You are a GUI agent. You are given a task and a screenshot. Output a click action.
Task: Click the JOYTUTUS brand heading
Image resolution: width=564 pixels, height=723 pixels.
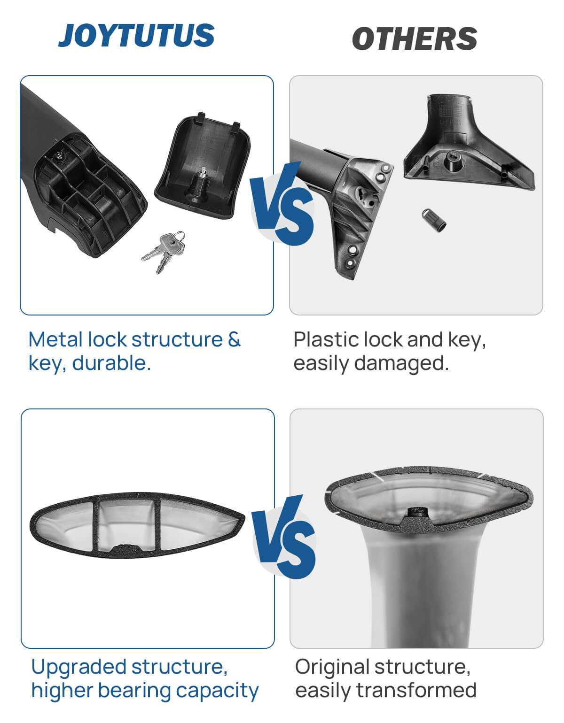pyautogui.click(x=136, y=35)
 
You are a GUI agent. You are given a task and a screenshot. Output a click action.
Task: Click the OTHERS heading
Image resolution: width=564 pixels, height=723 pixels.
pyautogui.click(x=415, y=39)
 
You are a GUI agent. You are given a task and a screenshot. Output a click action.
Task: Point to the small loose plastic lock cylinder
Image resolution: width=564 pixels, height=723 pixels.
pyautogui.click(x=434, y=220)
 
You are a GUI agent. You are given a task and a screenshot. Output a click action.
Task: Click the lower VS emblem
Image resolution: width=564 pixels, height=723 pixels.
pyautogui.click(x=283, y=536)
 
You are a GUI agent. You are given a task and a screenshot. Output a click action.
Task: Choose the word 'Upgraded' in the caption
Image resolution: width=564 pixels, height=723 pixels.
pyautogui.click(x=79, y=668)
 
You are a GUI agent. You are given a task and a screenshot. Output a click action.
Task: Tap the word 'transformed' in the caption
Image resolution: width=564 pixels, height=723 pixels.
pyautogui.click(x=416, y=691)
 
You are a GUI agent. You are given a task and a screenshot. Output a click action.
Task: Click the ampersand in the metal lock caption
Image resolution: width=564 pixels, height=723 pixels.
pyautogui.click(x=234, y=340)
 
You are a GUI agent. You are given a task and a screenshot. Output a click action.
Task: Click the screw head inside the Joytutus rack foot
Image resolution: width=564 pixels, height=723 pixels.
pyautogui.click(x=60, y=156)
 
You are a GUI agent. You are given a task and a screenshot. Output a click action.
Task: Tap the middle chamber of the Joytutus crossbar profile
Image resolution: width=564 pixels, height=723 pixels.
pyautogui.click(x=127, y=525)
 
